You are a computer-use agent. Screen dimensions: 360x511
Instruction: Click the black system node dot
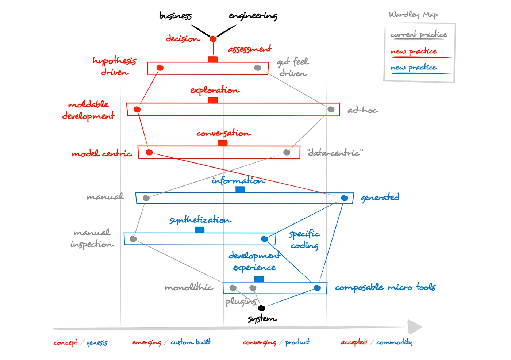[x=261, y=308]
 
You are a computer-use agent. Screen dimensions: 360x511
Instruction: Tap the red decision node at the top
[x=213, y=39]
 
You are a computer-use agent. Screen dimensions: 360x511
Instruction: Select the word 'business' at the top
[x=175, y=16]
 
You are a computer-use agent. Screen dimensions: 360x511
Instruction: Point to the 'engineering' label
[x=253, y=16]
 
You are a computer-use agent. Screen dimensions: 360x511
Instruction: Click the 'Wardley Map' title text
[x=413, y=15]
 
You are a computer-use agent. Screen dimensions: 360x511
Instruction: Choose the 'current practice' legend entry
[x=419, y=35]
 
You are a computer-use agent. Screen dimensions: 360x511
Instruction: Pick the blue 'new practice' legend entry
[x=414, y=68]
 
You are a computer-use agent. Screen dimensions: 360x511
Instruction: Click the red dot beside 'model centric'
[x=149, y=152]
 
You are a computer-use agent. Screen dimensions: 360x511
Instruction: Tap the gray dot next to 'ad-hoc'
[x=331, y=110]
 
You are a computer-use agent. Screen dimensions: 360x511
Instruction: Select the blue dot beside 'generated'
[x=344, y=198]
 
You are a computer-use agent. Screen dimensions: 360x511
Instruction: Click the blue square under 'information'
[x=240, y=189]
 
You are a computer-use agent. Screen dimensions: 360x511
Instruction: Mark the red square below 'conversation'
[x=223, y=143]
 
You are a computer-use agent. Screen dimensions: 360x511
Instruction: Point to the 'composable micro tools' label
[x=385, y=287]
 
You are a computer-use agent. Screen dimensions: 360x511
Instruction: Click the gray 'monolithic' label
[x=189, y=288]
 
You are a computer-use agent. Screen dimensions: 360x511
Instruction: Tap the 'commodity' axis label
[x=394, y=342]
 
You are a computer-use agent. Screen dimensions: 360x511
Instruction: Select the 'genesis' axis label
[x=97, y=342]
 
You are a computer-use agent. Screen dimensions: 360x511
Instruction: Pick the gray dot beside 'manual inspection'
[x=133, y=239]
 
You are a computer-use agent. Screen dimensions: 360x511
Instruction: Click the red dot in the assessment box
[x=160, y=68]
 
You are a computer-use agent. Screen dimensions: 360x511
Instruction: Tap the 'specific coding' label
[x=304, y=240]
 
